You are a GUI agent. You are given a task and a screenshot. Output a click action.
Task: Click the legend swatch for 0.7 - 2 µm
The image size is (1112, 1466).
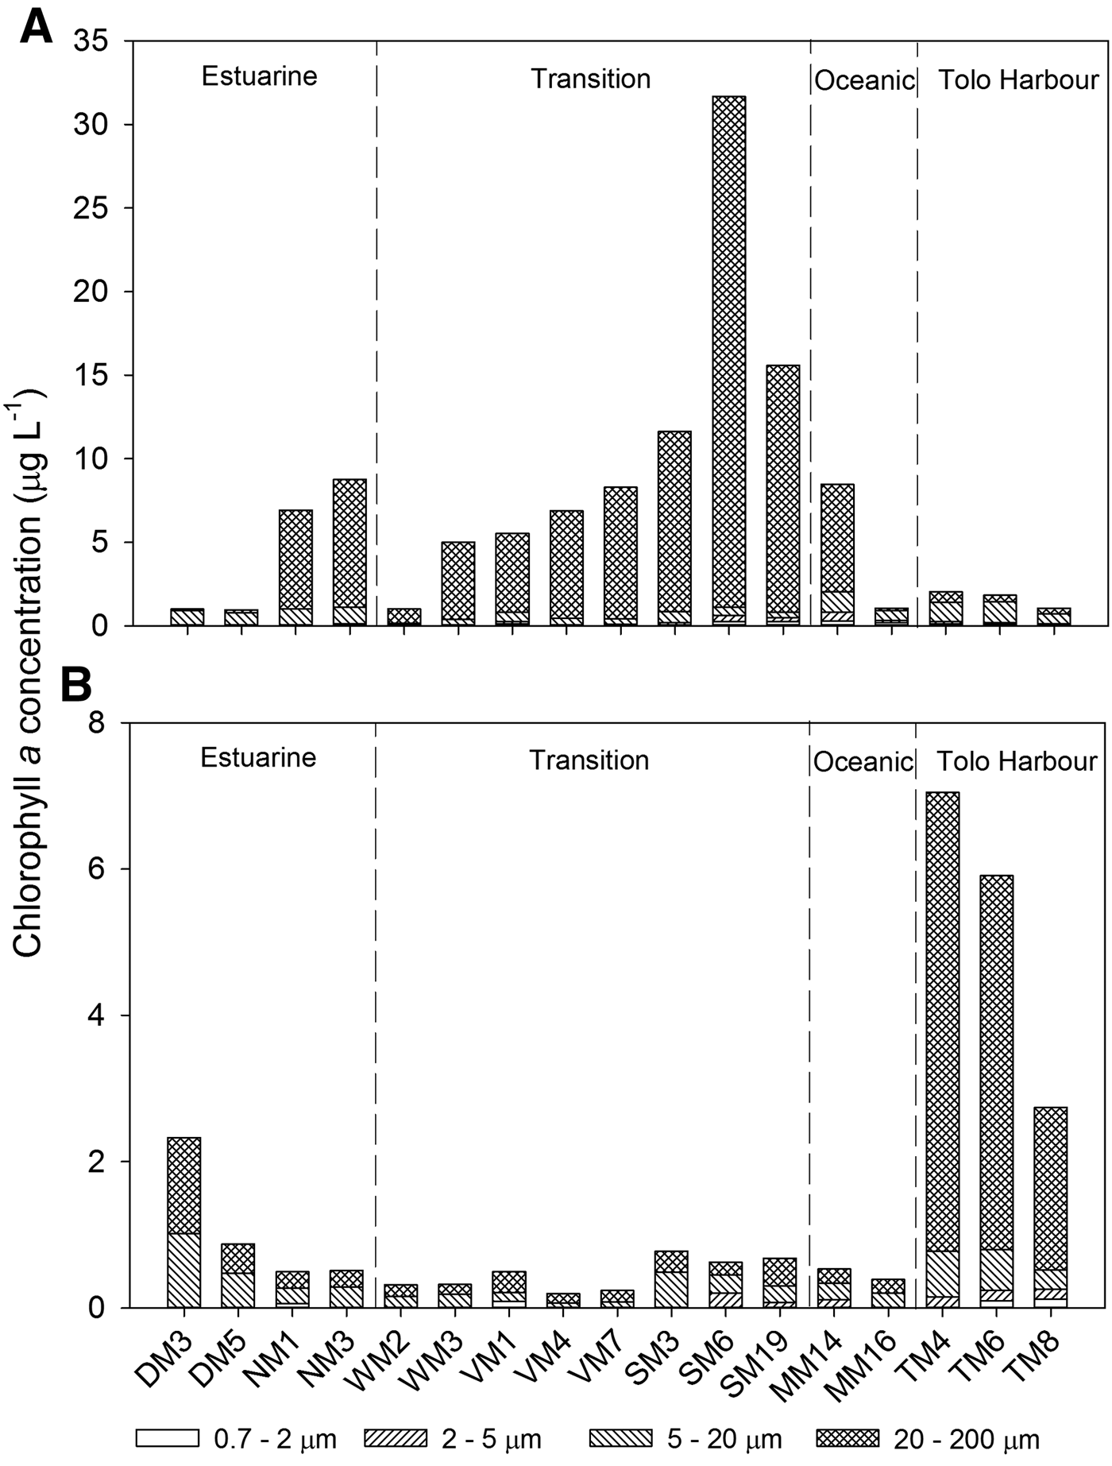[167, 1438]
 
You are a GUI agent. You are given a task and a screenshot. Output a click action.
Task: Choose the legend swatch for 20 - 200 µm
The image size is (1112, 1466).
[848, 1438]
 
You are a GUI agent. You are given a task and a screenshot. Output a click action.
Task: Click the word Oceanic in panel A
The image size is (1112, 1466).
[864, 81]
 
